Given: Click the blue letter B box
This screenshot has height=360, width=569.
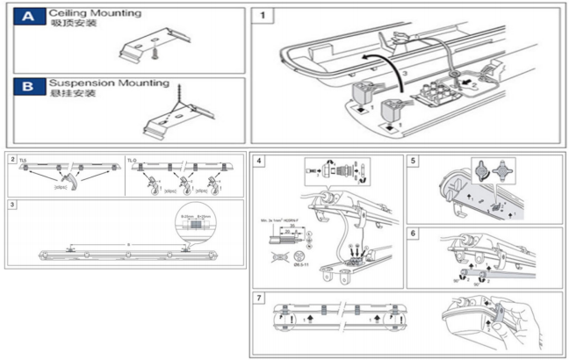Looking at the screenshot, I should tap(30, 87).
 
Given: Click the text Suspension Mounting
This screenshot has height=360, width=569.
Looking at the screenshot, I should tap(109, 83).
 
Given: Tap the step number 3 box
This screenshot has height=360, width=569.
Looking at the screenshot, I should tap(12, 206).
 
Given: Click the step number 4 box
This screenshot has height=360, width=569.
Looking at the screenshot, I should tap(259, 162).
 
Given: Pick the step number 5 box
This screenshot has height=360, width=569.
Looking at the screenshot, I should tap(415, 162).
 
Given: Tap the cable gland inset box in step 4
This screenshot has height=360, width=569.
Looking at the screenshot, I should tap(337, 169).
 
